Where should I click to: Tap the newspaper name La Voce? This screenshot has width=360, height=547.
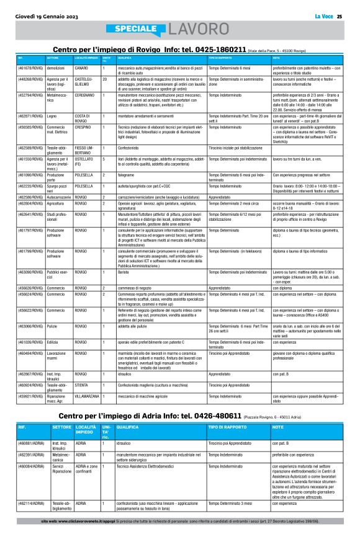coord(324,16)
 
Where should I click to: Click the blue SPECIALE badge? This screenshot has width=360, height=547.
coord(136,29)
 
